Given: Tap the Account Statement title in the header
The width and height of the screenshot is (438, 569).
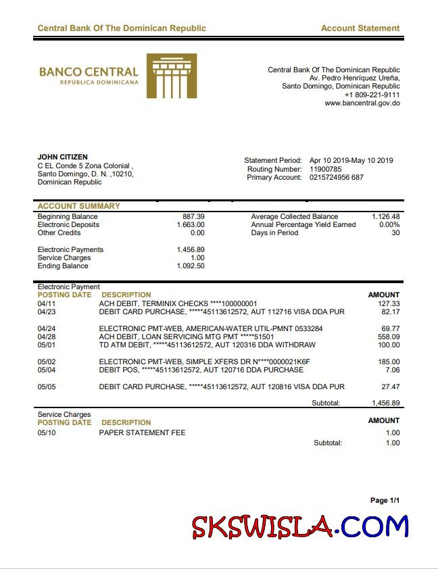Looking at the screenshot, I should click(x=360, y=28).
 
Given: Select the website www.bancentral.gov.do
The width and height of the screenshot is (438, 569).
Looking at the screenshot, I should click(x=362, y=103).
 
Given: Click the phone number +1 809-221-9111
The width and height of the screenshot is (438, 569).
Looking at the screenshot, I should click(x=372, y=95).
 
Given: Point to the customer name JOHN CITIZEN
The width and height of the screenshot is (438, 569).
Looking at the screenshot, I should click(x=62, y=157).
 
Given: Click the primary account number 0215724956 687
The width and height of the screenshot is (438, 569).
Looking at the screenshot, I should click(x=336, y=177).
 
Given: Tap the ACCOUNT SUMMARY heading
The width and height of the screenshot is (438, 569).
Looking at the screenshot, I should click(x=78, y=206).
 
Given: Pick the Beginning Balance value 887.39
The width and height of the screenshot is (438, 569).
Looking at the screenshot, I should click(x=193, y=216).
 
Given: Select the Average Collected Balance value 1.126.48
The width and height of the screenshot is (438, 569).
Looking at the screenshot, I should click(x=385, y=216).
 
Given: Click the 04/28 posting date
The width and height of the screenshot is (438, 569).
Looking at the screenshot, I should click(x=46, y=337).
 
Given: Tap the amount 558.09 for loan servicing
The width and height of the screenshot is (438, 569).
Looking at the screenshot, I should click(x=389, y=337).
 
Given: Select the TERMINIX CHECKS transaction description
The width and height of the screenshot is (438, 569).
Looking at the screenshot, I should click(x=178, y=304).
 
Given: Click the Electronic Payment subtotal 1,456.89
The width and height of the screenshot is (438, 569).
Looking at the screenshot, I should click(x=385, y=403).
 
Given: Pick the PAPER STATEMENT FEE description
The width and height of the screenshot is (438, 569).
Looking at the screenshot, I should click(x=142, y=432).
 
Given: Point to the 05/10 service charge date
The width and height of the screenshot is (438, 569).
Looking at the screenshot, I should click(x=46, y=432).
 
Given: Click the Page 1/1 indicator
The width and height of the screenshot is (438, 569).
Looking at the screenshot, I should click(x=385, y=500).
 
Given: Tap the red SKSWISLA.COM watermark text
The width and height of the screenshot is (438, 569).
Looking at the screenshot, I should click(x=300, y=526).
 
